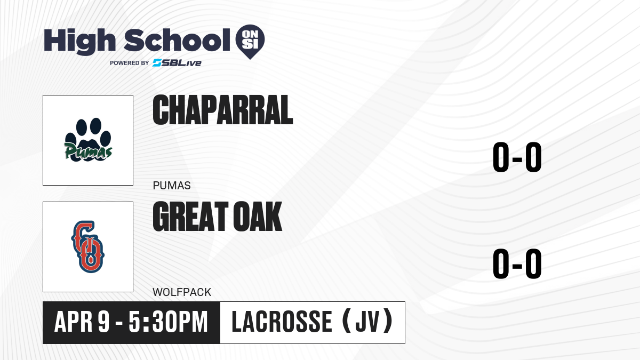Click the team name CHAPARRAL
click(223, 110)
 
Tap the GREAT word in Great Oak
click(190, 216)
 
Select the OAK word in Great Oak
click(258, 216)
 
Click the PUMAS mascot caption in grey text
click(172, 186)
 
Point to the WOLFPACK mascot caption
click(182, 292)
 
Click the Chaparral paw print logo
click(88, 139)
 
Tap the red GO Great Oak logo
click(87, 246)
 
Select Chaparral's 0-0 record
click(517, 157)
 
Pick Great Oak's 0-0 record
click(517, 263)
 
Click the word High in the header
click(80, 42)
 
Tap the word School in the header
click(177, 41)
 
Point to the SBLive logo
click(177, 63)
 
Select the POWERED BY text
click(130, 63)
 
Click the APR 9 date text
click(82, 322)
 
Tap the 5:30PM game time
click(168, 322)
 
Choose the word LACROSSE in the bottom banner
click(282, 322)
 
